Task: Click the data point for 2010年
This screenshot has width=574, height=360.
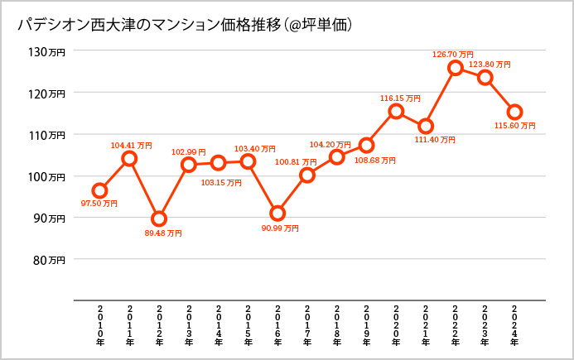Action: tap(99, 191)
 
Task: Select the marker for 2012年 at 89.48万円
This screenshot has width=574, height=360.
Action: tap(159, 219)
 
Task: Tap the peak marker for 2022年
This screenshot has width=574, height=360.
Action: tap(455, 68)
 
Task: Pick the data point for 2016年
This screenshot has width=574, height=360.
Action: tap(277, 214)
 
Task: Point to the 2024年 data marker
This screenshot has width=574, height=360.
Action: tap(514, 112)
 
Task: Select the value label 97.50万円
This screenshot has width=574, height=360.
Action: tap(99, 204)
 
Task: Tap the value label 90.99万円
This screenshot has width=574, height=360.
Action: tap(280, 228)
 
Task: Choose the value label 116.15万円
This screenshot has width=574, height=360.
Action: tap(396, 98)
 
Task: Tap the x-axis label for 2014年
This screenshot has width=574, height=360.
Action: tap(218, 323)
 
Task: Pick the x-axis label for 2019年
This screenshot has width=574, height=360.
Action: tap(366, 323)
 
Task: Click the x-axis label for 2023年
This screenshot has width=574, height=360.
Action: tap(485, 323)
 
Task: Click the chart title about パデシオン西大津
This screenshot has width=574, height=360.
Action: tap(186, 26)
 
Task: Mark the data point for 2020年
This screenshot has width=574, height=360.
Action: tap(396, 111)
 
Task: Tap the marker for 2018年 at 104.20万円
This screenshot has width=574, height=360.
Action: tap(336, 157)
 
